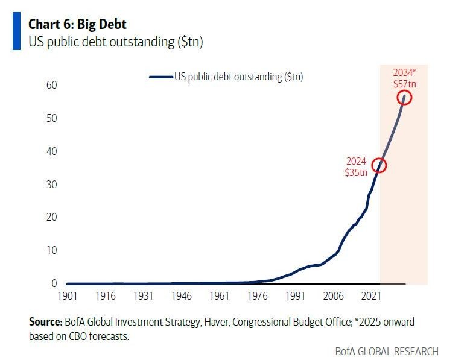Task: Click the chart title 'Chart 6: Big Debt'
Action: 78,24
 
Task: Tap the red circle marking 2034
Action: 404,97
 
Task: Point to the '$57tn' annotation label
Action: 404,84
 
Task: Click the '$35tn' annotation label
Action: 356,172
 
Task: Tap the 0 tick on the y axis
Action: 54,283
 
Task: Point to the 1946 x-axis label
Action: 181,296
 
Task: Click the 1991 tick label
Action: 295,296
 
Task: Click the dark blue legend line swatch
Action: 160,77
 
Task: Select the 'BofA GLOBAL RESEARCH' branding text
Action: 387,351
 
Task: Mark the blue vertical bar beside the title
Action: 16,31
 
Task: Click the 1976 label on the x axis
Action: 257,296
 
